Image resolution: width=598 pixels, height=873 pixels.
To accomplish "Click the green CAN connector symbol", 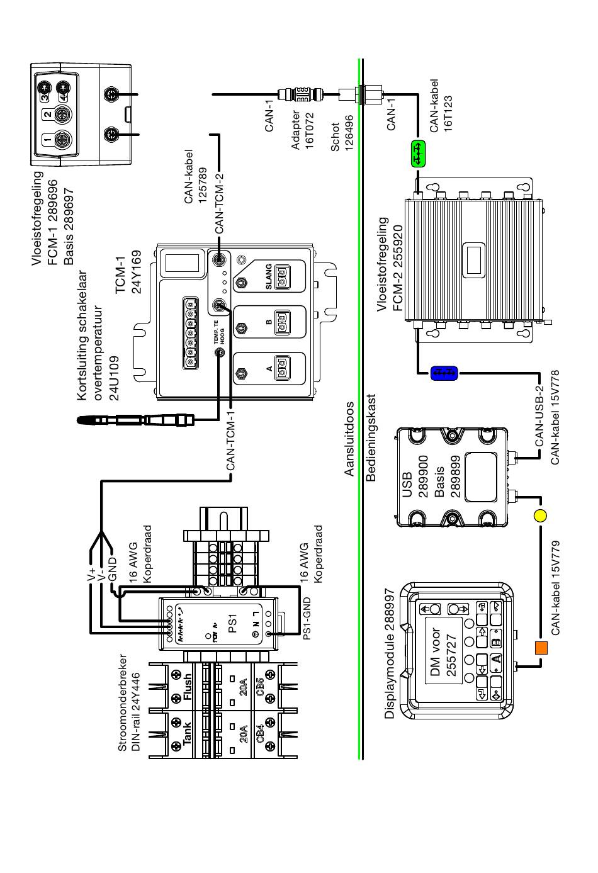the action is click(419, 154).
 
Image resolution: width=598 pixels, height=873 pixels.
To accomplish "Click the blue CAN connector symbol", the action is click(444, 373).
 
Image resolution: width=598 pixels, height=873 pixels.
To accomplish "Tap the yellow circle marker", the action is click(540, 515).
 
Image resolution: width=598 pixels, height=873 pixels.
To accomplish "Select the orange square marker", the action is click(541, 647).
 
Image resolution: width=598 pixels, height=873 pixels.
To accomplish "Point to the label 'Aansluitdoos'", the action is click(349, 439).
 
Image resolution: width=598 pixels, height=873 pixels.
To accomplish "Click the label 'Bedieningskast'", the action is click(371, 437).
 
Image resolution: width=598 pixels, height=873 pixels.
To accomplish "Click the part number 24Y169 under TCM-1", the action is click(136, 272).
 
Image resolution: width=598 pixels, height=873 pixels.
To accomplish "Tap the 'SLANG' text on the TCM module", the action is click(269, 277).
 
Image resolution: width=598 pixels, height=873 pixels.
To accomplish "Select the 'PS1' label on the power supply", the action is click(232, 623).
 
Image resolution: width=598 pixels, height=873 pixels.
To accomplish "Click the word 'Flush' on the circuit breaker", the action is click(188, 688).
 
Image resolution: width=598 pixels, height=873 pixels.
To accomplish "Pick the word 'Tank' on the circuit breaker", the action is click(187, 733).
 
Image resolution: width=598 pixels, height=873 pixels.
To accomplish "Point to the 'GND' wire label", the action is click(112, 569).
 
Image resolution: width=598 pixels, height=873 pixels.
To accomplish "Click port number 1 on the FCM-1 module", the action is click(47, 139).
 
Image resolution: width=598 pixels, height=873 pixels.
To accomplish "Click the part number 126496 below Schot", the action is click(349, 133).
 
